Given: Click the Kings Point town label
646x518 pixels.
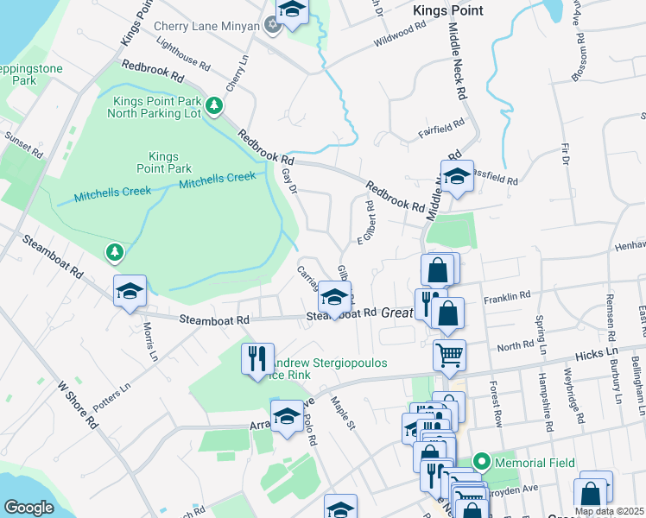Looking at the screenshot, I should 448,10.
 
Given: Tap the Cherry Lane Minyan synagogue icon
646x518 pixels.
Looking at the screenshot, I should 273,25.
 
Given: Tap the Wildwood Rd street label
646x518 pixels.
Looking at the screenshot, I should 401,40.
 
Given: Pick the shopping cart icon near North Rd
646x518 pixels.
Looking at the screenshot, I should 450,354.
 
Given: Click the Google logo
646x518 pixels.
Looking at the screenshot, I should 28,508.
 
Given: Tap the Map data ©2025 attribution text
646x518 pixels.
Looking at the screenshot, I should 609,511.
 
